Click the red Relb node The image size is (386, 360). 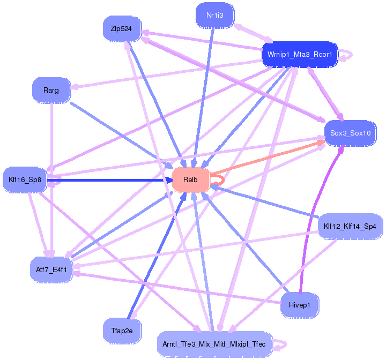pyautogui.click(x=190, y=179)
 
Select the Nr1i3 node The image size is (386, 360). pyautogui.click(x=215, y=16)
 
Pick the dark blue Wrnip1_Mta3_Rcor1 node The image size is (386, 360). pyautogui.click(x=299, y=55)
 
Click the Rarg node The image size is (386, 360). pyautogui.click(x=51, y=90)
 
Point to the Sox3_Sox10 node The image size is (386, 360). pyautogui.click(x=350, y=132)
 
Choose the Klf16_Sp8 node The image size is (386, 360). pyautogui.click(x=25, y=179)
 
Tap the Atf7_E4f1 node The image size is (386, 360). pyautogui.click(x=51, y=269)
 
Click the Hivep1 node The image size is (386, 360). pyautogui.click(x=300, y=305)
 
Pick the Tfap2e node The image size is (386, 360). pyautogui.click(x=122, y=331)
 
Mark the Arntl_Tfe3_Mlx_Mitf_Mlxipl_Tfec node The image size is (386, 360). pyautogui.click(x=215, y=343)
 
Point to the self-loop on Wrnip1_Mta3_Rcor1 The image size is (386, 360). pyautogui.click(x=347, y=54)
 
